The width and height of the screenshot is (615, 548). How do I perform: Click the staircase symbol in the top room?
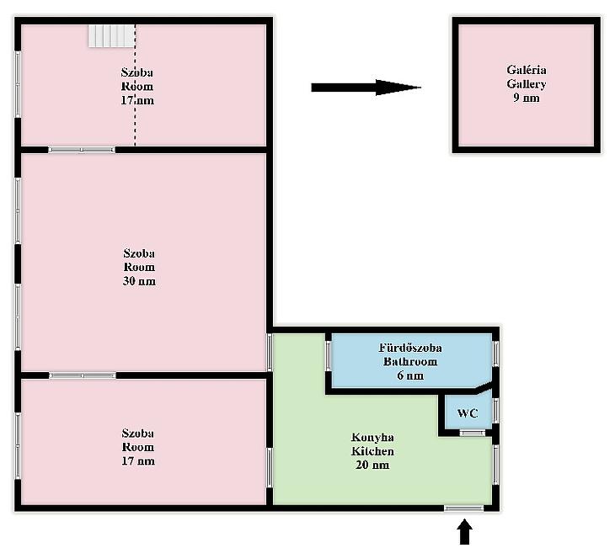tap(111, 35)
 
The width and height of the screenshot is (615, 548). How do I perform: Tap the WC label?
tap(468, 413)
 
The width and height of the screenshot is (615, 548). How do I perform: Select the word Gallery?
tap(527, 84)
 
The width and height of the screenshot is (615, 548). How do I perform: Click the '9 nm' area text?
tap(527, 98)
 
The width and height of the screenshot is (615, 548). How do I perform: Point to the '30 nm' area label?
tap(139, 281)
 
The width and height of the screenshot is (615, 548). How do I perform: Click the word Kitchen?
tap(372, 451)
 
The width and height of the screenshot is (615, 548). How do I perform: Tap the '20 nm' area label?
tap(372, 465)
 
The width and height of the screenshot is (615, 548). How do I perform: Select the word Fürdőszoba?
tap(410, 348)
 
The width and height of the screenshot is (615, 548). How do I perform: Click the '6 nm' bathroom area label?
tap(410, 375)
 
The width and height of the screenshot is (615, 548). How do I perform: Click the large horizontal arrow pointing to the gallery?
tap(366, 88)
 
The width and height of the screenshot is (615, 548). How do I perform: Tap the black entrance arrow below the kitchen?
tap(464, 532)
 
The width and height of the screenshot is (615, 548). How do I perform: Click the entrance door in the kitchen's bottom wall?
tap(464, 508)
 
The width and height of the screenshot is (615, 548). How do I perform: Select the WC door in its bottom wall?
tap(473, 433)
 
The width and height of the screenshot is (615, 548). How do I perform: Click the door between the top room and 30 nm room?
tap(82, 150)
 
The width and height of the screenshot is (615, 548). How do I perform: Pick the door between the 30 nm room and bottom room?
tap(83, 375)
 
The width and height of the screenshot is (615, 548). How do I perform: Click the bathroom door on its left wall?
tap(329, 356)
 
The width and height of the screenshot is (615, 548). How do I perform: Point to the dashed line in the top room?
tap(136, 85)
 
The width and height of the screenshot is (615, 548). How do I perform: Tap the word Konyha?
tap(372, 438)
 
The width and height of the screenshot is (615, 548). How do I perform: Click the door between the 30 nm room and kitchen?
tap(270, 353)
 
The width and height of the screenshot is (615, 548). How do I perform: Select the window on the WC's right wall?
tap(495, 411)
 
